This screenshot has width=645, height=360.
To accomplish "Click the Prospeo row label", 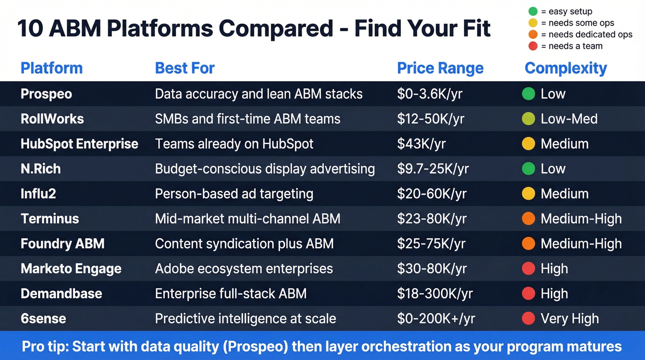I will point(46,94).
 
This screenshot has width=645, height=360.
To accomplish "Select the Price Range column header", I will point(440,68).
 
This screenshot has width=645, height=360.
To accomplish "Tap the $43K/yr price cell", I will point(421,144).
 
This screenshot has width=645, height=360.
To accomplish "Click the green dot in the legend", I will point(533,12).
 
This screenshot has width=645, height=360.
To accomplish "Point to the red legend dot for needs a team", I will point(533,46).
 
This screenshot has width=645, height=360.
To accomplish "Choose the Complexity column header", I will point(565,68).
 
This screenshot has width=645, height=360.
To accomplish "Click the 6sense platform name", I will point(43,319).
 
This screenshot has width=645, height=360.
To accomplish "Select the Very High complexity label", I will point(570,319).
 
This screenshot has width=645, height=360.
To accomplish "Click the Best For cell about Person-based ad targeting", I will point(234,194).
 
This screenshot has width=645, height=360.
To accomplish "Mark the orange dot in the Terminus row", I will point(528,218).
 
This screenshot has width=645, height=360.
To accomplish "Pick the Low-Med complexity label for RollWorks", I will point(569,119).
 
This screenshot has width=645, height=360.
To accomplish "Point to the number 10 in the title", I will point(30,29).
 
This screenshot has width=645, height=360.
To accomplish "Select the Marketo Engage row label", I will point(71,269).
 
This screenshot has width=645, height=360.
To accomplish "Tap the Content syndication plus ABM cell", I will point(244,244).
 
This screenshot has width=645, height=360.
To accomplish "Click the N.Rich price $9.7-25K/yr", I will point(433,169).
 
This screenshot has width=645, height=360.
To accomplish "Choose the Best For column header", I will point(185,68).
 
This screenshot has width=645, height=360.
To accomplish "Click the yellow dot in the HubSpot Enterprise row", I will point(528,144).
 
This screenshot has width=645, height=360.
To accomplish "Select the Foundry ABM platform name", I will point(62,244).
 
